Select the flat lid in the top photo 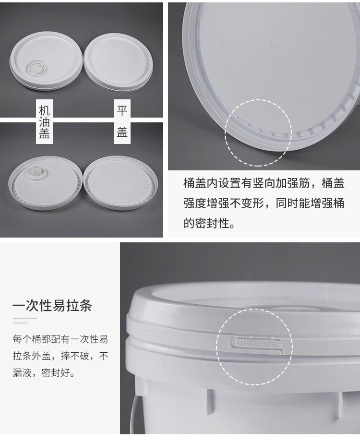pos(118,61)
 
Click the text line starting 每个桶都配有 pos(60,339)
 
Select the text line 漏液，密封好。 pos(44,373)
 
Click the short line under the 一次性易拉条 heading pos(24,318)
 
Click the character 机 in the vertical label pos(44,108)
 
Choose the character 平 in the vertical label pos(122,111)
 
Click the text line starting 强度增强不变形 pos(264,203)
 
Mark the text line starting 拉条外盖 pos(60,356)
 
